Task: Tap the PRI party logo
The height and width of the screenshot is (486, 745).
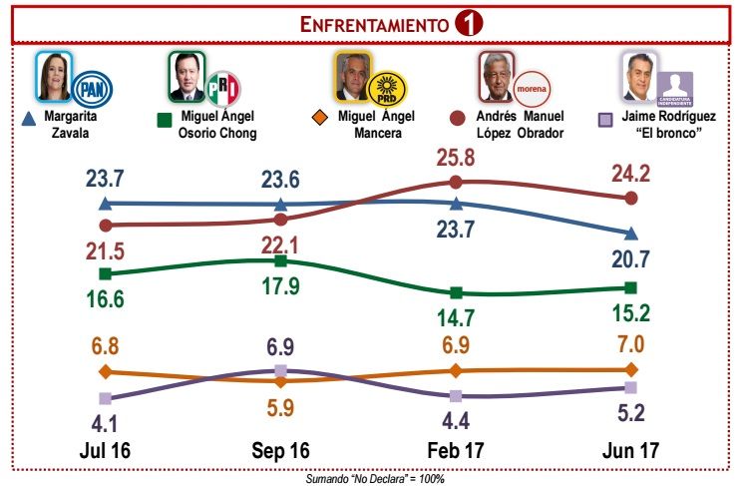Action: click(x=224, y=87)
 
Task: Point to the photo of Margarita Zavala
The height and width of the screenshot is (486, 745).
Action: click(x=54, y=76)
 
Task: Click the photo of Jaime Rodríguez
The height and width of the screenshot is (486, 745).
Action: click(x=638, y=76)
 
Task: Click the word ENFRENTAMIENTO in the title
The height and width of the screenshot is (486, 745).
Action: click(x=374, y=26)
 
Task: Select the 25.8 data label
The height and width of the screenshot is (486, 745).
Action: click(x=456, y=157)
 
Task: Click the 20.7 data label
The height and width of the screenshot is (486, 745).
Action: click(x=629, y=261)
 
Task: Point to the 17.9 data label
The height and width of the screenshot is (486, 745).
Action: click(x=280, y=288)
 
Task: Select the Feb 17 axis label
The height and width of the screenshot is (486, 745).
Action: click(x=456, y=451)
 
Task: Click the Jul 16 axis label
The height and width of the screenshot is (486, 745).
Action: click(x=106, y=451)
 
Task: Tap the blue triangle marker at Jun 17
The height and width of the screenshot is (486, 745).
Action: click(x=630, y=234)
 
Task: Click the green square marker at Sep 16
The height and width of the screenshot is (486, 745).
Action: click(x=280, y=260)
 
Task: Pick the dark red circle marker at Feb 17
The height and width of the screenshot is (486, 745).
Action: click(x=456, y=182)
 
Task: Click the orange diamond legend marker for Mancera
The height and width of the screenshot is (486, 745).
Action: click(x=320, y=119)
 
